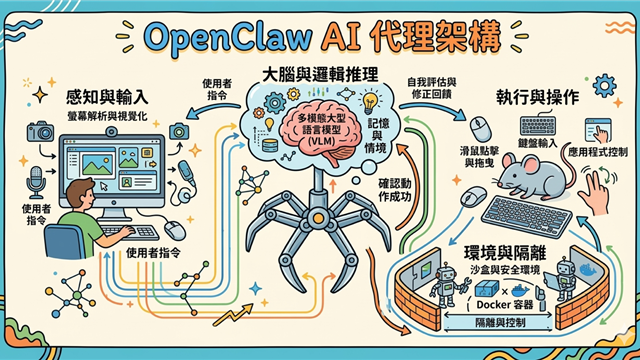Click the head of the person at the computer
pos(76,194)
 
